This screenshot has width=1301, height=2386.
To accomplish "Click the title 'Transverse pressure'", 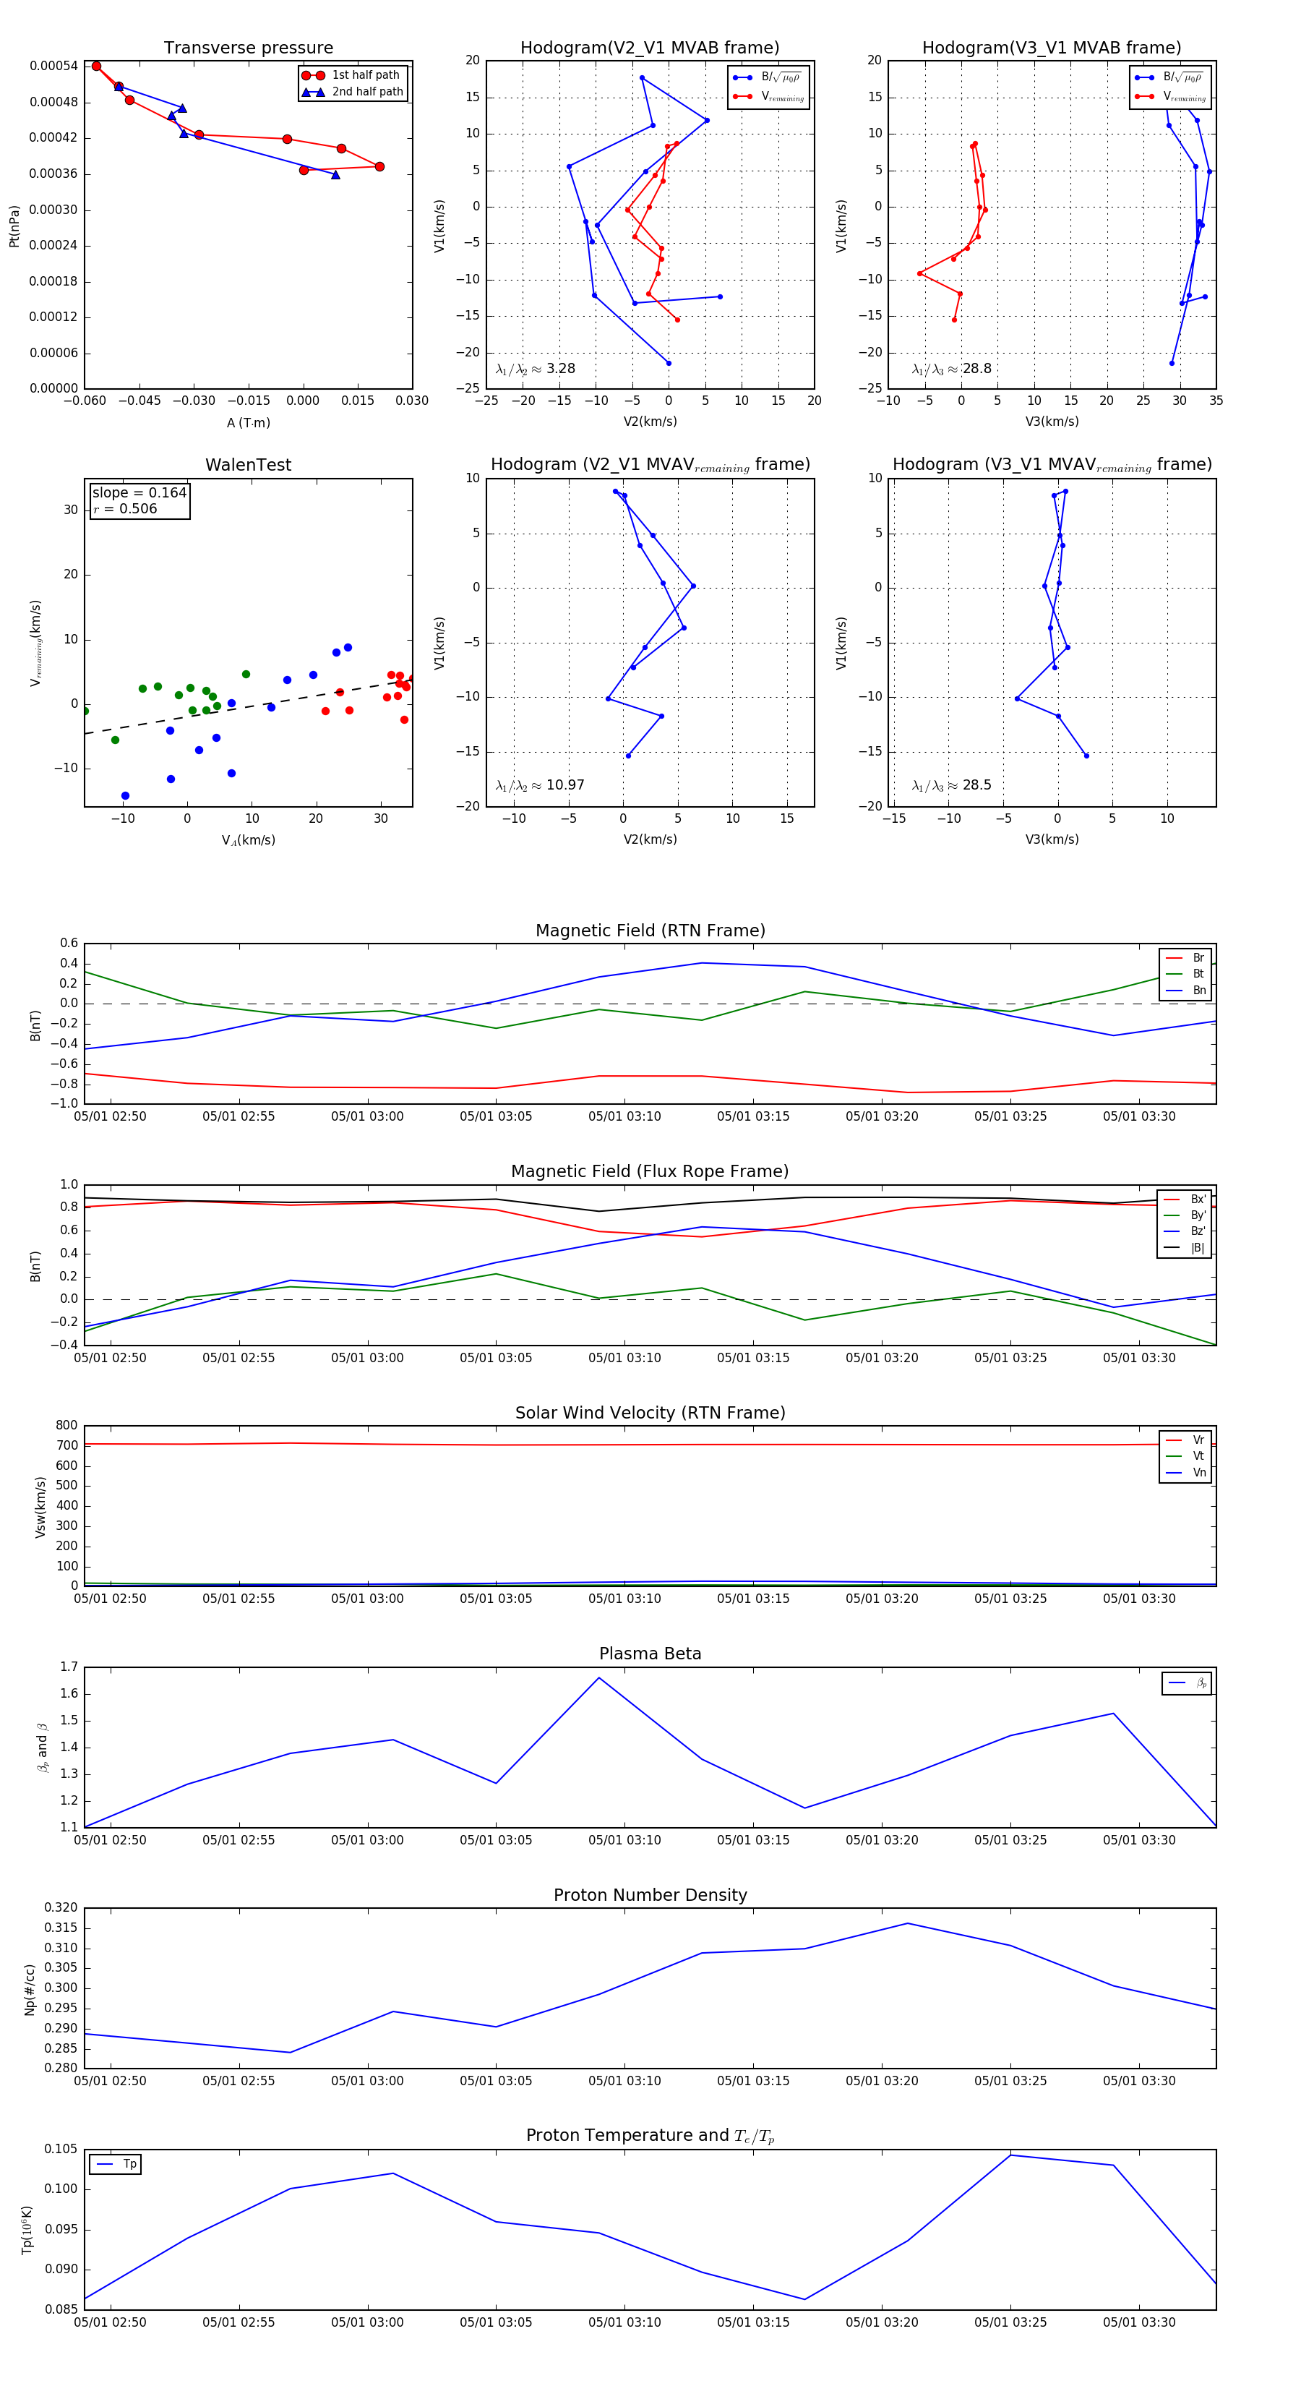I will pyautogui.click(x=248, y=48).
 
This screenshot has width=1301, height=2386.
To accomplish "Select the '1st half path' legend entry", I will pyautogui.click(x=365, y=75).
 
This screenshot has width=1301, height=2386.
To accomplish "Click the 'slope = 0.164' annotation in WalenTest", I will pyautogui.click(x=139, y=493).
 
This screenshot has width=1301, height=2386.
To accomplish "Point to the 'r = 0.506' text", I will pyautogui.click(x=125, y=508).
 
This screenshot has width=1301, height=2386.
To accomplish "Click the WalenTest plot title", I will pyautogui.click(x=248, y=465).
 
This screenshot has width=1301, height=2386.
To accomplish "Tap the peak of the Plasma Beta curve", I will pyautogui.click(x=599, y=1677).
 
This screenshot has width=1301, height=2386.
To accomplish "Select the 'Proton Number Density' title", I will pyautogui.click(x=650, y=1895).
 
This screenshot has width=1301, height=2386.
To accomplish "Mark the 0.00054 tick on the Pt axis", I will pyautogui.click(x=53, y=66).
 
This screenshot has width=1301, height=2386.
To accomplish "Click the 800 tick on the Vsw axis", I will pyautogui.click(x=66, y=1426).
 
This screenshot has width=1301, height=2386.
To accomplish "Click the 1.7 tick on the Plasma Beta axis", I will pyautogui.click(x=69, y=1667).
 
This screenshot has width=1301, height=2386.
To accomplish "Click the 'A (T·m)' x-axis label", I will pyautogui.click(x=248, y=422).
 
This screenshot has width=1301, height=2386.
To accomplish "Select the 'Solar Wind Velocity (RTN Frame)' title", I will pyautogui.click(x=650, y=1413).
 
